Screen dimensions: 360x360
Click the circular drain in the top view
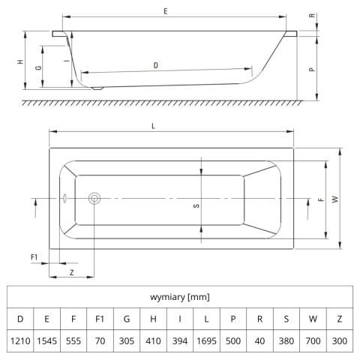click(94, 198)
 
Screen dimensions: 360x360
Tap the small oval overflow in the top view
click(64, 198)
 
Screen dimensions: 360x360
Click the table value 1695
click(206, 340)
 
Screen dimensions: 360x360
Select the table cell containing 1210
click(20, 340)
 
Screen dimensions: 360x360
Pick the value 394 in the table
click(180, 340)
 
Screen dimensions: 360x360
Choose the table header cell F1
click(100, 319)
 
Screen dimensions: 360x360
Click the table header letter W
click(313, 319)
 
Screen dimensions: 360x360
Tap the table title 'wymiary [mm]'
click(180, 297)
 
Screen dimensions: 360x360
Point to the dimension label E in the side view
click(166, 11)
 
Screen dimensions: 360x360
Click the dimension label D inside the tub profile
click(156, 65)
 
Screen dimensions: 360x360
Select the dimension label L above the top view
click(154, 126)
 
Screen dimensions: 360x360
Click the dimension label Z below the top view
click(72, 272)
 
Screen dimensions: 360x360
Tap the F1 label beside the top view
click(34, 257)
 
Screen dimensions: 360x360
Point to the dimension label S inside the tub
click(196, 205)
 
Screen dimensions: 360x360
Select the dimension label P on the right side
click(312, 69)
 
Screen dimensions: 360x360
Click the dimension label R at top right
click(312, 16)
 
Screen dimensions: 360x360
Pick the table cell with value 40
click(259, 340)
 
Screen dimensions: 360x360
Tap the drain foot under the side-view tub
click(97, 88)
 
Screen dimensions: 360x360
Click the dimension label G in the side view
click(38, 67)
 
